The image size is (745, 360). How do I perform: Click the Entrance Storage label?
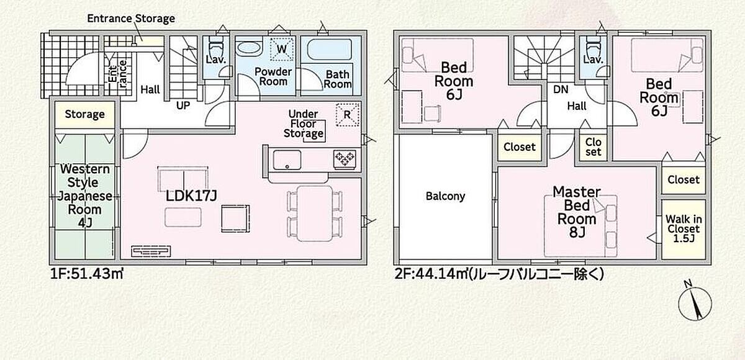(x=131, y=19)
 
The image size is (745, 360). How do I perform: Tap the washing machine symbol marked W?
(x=282, y=49)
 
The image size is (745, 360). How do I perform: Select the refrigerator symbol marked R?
(x=347, y=115)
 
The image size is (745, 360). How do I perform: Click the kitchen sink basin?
(x=287, y=160)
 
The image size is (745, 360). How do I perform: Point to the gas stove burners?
(x=345, y=158)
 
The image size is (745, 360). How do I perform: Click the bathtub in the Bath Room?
(x=329, y=50)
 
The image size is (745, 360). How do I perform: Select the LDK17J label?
(x=191, y=196)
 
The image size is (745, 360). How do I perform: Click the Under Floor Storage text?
(x=304, y=124)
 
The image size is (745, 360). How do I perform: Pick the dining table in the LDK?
(x=315, y=213)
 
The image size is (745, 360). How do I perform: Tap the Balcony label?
(x=445, y=196)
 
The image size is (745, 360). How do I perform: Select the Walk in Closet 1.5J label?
(x=684, y=228)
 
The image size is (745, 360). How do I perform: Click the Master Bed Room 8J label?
(x=577, y=212)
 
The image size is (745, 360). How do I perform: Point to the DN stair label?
(x=561, y=89)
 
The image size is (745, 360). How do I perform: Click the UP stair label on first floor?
(x=183, y=106)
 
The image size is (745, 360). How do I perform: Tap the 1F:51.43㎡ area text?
(x=87, y=274)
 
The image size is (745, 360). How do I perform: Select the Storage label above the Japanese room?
(x=84, y=114)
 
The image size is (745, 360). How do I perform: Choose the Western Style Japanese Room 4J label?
(x=85, y=196)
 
